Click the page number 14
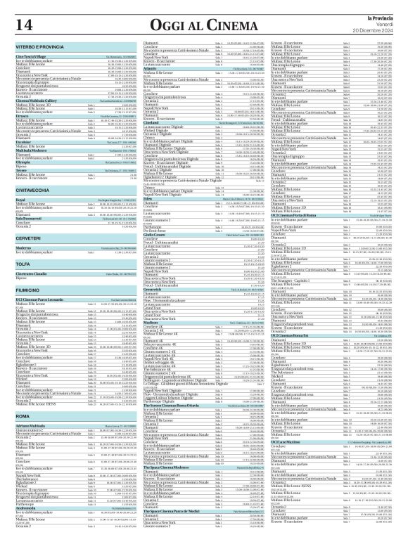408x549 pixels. [x=23, y=25]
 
